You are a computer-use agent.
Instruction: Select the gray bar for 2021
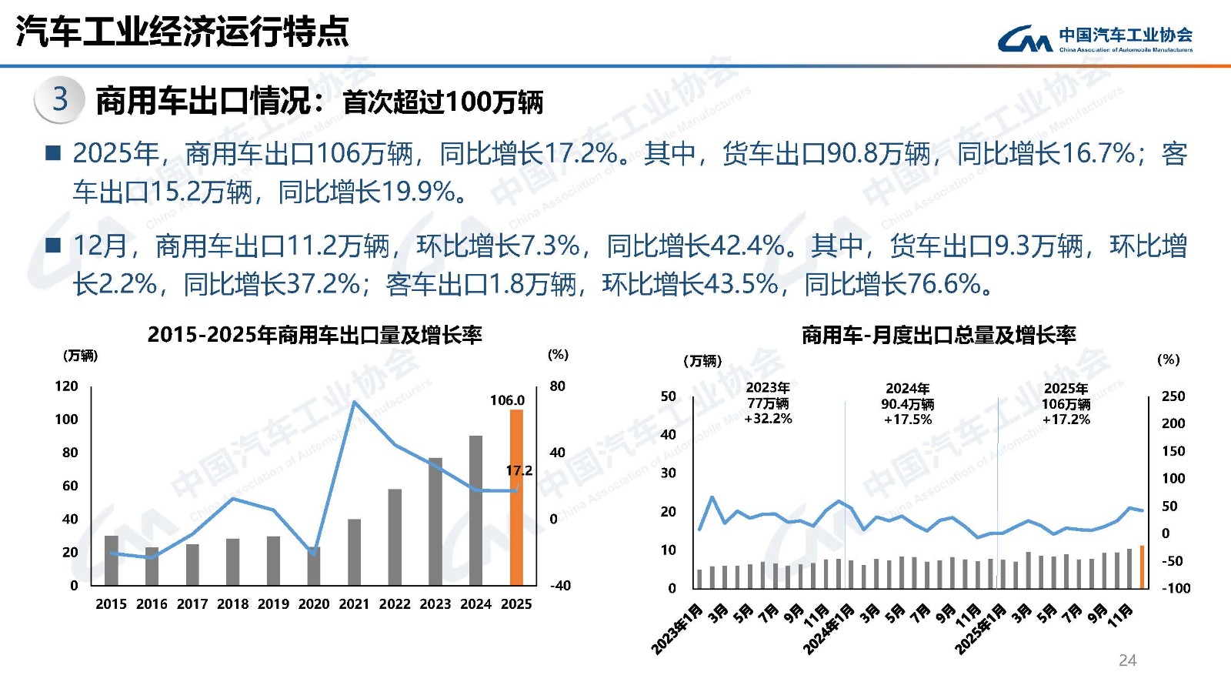(x=354, y=552)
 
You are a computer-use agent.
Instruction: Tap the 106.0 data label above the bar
(x=507, y=400)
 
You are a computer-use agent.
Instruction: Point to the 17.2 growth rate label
(x=519, y=470)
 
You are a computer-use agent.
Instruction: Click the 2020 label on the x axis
(x=313, y=604)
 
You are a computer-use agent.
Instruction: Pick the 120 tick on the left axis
(x=66, y=386)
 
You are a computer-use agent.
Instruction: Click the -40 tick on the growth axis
(x=560, y=586)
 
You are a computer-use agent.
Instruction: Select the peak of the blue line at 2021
(x=354, y=401)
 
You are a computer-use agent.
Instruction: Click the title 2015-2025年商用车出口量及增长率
(x=315, y=335)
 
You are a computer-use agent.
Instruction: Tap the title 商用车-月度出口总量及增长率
(x=939, y=335)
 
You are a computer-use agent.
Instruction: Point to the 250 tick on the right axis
(x=1173, y=396)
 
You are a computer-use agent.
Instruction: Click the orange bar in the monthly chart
(x=1142, y=567)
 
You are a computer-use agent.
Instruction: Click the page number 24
(x=1127, y=660)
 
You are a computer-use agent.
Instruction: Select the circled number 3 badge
(x=60, y=99)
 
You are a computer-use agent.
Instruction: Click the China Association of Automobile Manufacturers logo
(x=1095, y=38)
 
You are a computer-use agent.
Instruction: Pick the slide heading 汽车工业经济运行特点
(x=182, y=32)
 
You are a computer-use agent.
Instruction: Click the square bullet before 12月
(x=53, y=246)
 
